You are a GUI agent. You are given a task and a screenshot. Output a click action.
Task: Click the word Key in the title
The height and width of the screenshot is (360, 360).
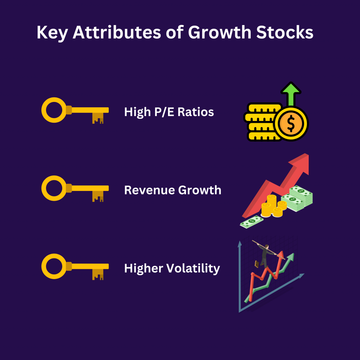52,33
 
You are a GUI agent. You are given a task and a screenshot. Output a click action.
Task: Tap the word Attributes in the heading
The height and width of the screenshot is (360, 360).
117,32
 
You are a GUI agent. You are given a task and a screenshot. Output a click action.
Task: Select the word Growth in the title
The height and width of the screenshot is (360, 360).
219,32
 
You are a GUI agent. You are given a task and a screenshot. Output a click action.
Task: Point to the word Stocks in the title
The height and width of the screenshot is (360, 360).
285,32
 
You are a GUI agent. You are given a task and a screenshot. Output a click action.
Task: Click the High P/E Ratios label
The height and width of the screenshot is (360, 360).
169,112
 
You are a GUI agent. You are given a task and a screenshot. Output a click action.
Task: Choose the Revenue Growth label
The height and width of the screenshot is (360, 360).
173,190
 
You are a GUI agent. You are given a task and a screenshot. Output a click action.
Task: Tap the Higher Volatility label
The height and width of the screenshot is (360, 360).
172,268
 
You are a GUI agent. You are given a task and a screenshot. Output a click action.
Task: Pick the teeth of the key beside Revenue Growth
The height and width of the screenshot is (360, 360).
98,196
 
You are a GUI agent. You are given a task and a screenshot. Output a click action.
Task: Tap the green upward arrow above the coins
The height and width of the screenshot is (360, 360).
291,94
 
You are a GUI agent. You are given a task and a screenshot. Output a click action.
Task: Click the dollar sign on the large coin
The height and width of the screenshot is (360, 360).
291,123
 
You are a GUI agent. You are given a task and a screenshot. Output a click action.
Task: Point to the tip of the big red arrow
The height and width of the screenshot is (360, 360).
308,154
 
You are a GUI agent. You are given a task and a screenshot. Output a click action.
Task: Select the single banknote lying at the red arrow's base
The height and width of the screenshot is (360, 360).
252,222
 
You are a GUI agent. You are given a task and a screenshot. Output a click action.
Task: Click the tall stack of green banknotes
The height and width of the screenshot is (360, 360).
301,195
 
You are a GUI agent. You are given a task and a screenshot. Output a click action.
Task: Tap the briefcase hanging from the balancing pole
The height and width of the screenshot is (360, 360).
257,264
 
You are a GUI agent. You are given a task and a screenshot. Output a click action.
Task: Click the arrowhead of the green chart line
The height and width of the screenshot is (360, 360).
291,256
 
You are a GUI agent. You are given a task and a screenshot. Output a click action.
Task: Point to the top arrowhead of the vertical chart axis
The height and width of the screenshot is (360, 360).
240,244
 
